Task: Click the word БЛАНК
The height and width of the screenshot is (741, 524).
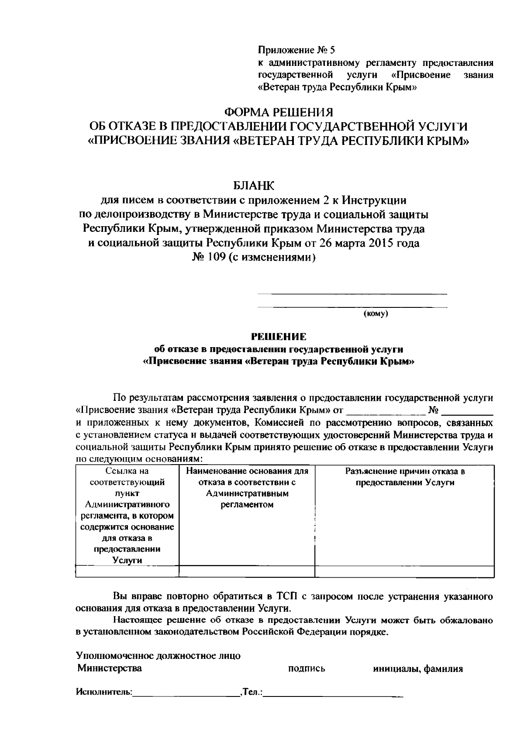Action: point(254,186)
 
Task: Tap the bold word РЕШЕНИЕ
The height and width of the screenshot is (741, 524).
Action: point(278,337)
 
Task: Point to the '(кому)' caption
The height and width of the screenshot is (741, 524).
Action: point(376,314)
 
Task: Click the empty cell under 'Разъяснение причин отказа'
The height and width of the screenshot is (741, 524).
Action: point(405,572)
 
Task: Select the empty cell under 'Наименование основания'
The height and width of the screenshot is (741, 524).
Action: point(247,572)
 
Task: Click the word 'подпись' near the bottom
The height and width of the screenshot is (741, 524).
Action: point(307,669)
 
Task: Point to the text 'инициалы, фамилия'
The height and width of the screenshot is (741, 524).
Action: point(418,669)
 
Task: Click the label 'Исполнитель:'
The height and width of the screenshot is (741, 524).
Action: point(104,692)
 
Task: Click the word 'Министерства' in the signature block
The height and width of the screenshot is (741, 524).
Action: point(110,668)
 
